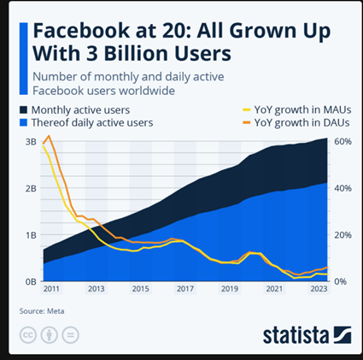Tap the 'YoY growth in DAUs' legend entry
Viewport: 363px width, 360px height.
pos(298,122)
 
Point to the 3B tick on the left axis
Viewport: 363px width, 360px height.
pos(28,141)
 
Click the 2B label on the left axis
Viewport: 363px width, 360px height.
pos(28,188)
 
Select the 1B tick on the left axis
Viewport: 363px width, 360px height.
pos(28,234)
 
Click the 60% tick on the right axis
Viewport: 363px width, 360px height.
pos(341,141)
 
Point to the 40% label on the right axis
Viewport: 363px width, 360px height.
pos(341,188)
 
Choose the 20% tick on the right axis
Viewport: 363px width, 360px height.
pos(341,234)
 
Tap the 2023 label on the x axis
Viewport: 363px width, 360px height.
pos(317,289)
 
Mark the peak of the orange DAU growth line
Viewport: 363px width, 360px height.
pos(50,136)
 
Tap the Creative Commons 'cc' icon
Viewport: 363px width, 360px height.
pos(27,333)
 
